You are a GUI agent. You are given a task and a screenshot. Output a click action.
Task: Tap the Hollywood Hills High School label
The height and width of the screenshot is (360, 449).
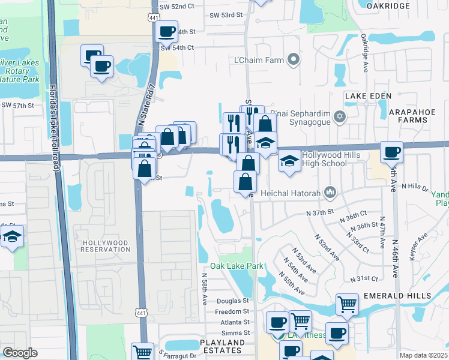click(x=325, y=159)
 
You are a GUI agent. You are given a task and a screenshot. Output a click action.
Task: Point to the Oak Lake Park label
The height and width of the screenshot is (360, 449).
click(x=237, y=266)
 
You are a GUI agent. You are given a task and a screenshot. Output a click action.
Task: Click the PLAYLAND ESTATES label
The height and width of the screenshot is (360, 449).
click(x=222, y=346)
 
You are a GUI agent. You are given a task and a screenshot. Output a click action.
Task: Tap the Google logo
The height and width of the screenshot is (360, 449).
click(x=20, y=353)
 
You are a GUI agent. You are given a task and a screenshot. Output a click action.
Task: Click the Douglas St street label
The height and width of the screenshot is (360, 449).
click(x=233, y=301)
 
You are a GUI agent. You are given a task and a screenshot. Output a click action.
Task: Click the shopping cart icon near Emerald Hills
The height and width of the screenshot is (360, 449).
click(x=348, y=304)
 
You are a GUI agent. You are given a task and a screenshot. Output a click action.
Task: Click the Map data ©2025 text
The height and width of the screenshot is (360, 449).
click(x=423, y=355)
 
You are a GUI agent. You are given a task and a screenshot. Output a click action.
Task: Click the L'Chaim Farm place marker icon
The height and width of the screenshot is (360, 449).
click(x=294, y=59)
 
